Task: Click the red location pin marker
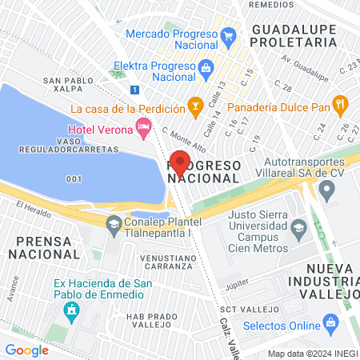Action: tap(180, 162)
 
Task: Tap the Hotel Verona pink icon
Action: tap(143, 126)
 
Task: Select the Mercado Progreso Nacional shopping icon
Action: tap(228, 35)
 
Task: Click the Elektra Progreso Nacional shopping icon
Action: tap(206, 67)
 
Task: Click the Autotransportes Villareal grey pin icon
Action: tap(326, 190)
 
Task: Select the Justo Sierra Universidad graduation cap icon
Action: tap(298, 229)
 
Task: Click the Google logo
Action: tap(26, 350)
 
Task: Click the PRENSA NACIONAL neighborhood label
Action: tap(44, 246)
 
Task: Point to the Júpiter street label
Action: tap(238, 283)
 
